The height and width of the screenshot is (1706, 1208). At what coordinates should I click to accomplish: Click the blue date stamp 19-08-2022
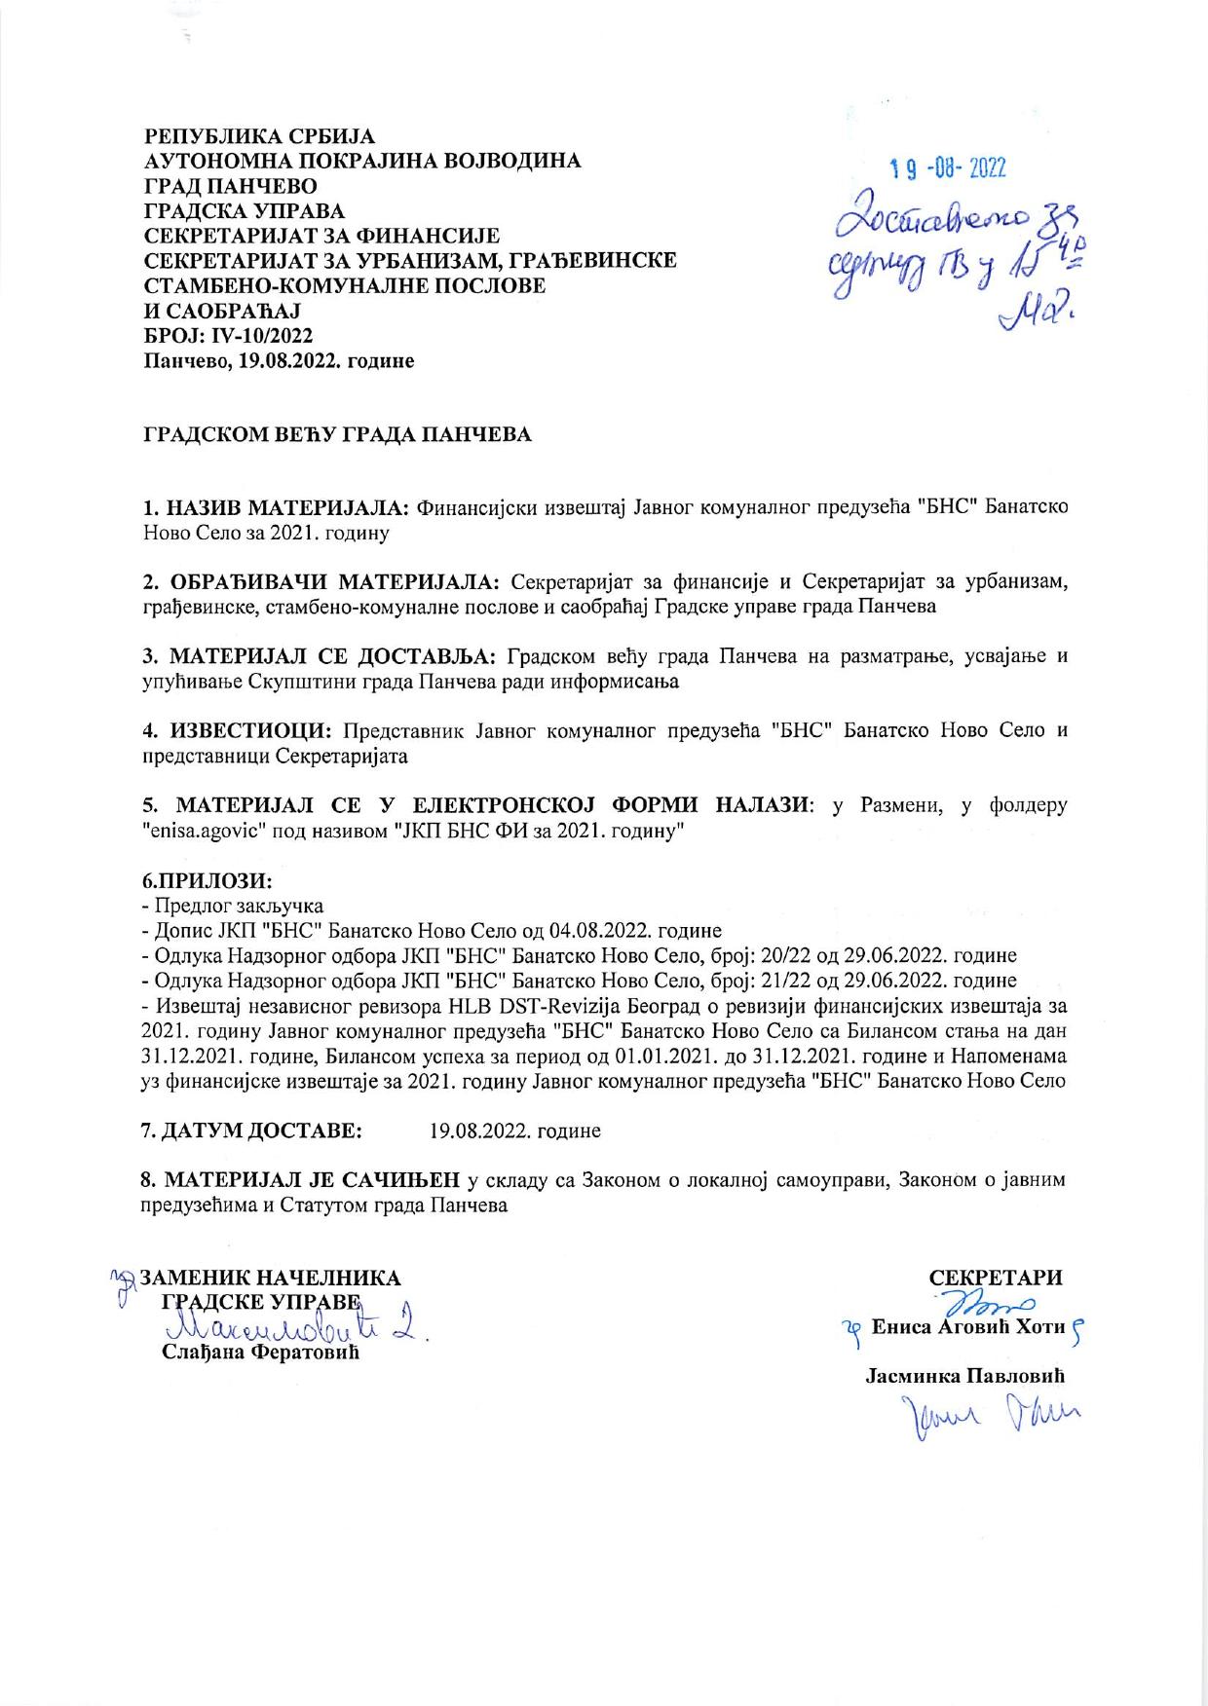(948, 168)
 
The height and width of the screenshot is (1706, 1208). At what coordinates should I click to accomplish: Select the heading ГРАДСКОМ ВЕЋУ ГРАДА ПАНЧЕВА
(338, 434)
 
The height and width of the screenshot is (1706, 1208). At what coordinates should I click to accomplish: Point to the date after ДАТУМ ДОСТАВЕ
(514, 1131)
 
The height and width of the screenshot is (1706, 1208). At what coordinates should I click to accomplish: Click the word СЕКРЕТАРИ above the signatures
(996, 1278)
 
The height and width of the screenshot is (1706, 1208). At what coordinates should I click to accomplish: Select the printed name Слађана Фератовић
(260, 1354)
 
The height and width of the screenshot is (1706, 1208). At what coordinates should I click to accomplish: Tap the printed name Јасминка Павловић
(964, 1376)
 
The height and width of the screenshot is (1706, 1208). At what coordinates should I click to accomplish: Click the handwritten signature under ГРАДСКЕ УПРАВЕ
(292, 1327)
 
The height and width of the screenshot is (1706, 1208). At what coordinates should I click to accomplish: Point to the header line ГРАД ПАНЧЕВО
(230, 185)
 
